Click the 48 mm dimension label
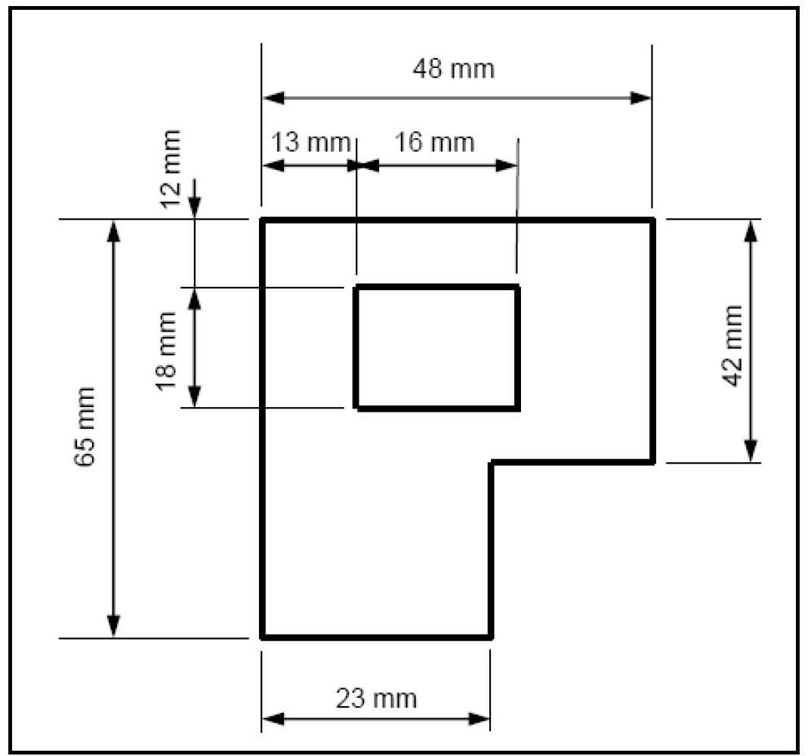(454, 69)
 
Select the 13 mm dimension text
(310, 142)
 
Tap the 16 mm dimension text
(434, 142)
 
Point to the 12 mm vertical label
(171, 169)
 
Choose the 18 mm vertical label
(165, 351)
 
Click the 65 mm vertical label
(85, 427)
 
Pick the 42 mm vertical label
(732, 346)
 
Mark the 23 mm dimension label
(377, 699)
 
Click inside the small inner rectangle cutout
(437, 347)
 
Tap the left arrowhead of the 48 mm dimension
(273, 97)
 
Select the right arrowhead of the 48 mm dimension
(640, 97)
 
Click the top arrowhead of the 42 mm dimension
(751, 231)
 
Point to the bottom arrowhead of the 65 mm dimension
(113, 626)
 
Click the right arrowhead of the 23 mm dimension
(479, 719)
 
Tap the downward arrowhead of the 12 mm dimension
(194, 208)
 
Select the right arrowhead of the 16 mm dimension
(507, 165)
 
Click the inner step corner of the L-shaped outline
(492, 462)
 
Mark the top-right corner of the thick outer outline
(652, 221)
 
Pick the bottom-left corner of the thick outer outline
(263, 637)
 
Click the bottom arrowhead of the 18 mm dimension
(194, 397)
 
